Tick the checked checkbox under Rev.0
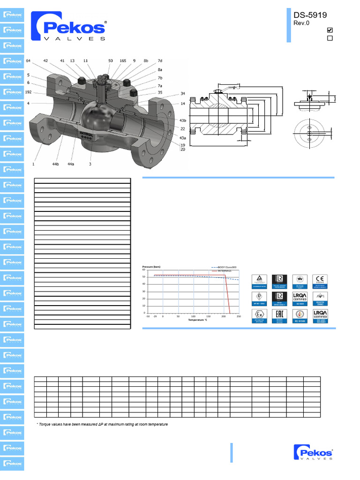click(x=330, y=30)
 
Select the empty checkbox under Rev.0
click(x=330, y=38)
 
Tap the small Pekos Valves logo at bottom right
click(x=313, y=454)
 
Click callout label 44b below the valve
click(x=55, y=165)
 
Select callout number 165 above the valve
click(x=123, y=61)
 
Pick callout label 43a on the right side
click(x=182, y=138)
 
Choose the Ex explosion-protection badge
click(x=260, y=315)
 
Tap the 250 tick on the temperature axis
click(x=239, y=316)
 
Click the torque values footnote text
click(x=102, y=424)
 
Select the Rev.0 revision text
click(x=301, y=23)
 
